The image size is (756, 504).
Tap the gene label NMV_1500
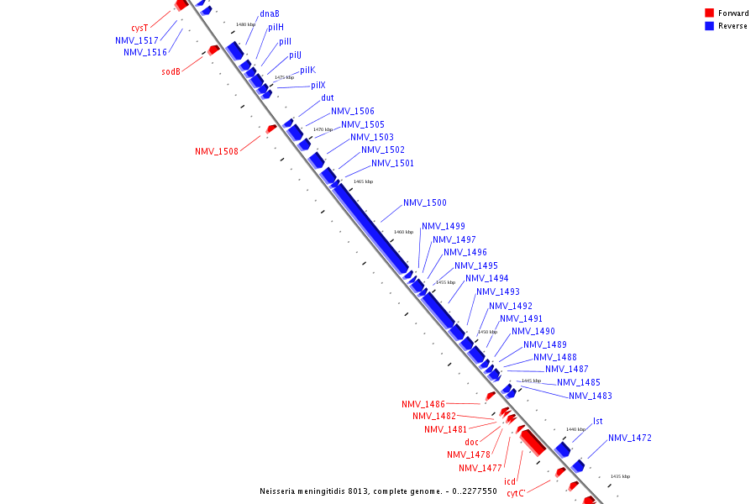(x=424, y=203)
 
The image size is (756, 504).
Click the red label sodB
(x=171, y=72)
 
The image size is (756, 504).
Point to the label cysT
(x=150, y=28)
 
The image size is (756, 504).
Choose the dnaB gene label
(x=270, y=14)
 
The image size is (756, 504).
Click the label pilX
(x=318, y=86)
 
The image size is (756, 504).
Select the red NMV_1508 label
(x=216, y=151)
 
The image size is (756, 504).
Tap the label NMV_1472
(x=629, y=438)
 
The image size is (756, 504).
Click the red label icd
(x=510, y=481)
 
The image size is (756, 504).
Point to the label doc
(x=472, y=443)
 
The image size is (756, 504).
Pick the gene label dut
(x=328, y=98)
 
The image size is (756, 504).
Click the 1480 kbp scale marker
(x=245, y=24)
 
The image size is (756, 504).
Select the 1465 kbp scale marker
(x=363, y=181)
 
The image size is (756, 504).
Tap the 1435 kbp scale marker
(x=620, y=476)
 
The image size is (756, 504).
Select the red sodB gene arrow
(x=213, y=50)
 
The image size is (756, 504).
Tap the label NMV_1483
(x=590, y=396)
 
